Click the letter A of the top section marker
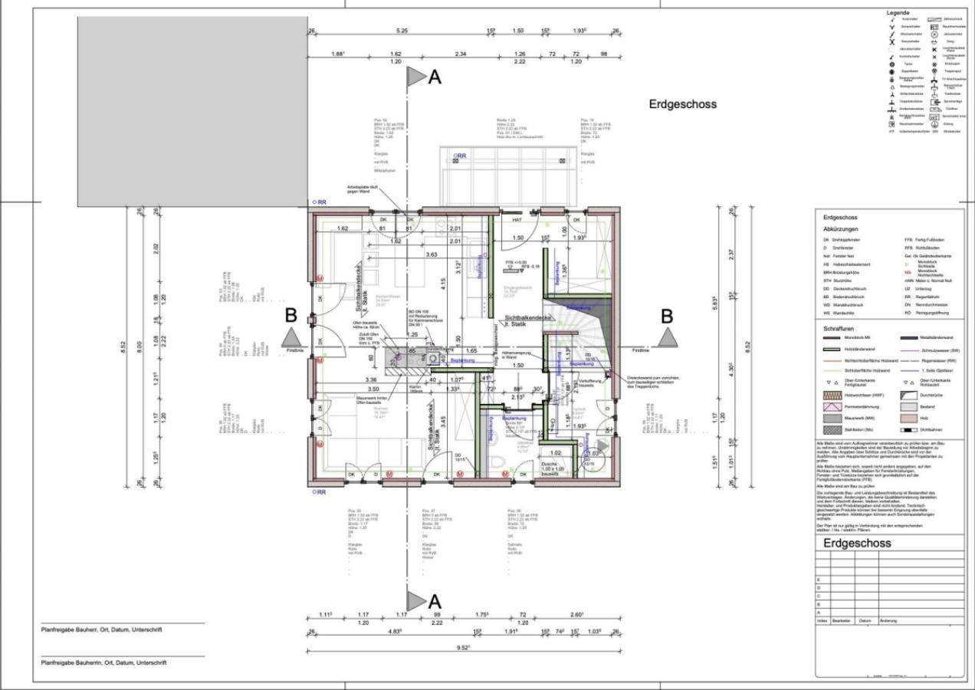click(x=435, y=77)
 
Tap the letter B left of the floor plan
click(x=291, y=315)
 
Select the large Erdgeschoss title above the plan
click(x=683, y=104)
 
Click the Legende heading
click(x=898, y=13)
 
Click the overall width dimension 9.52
click(x=464, y=647)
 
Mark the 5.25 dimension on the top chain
click(x=402, y=31)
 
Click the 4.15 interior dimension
click(x=443, y=281)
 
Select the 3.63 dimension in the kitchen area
click(x=432, y=254)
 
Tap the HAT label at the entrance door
click(x=517, y=219)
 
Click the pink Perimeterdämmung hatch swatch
click(x=832, y=408)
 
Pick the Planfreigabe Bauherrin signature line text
click(x=103, y=662)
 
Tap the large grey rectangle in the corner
click(x=192, y=112)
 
